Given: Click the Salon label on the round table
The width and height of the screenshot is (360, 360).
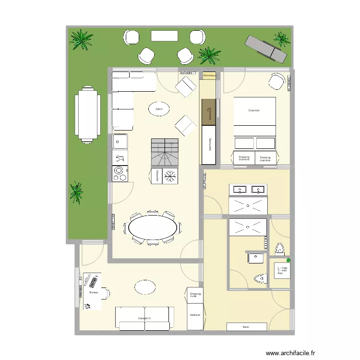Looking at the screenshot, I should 159,109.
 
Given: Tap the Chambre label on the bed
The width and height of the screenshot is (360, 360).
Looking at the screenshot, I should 254,111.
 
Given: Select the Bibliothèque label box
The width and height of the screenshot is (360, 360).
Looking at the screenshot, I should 210,76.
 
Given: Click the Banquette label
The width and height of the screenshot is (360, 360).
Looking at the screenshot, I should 210,145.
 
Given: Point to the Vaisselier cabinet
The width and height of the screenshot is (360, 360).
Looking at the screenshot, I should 157,176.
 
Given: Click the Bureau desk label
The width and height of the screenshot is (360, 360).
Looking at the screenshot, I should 93,292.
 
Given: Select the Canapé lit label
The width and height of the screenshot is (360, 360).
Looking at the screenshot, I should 144,318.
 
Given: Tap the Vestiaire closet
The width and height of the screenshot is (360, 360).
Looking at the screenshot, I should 195,315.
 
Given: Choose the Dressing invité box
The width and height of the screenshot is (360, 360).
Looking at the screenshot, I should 195,295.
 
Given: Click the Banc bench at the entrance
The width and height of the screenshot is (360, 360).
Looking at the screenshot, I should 246,327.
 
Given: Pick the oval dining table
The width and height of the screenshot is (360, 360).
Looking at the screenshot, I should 152,227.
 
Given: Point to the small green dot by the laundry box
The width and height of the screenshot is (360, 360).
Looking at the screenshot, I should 288,260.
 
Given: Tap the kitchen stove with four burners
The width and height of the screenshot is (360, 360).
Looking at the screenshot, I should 120,173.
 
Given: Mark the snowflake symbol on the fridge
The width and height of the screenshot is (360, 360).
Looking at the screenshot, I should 170,176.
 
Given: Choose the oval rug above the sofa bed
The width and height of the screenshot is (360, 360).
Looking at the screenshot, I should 144,287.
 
